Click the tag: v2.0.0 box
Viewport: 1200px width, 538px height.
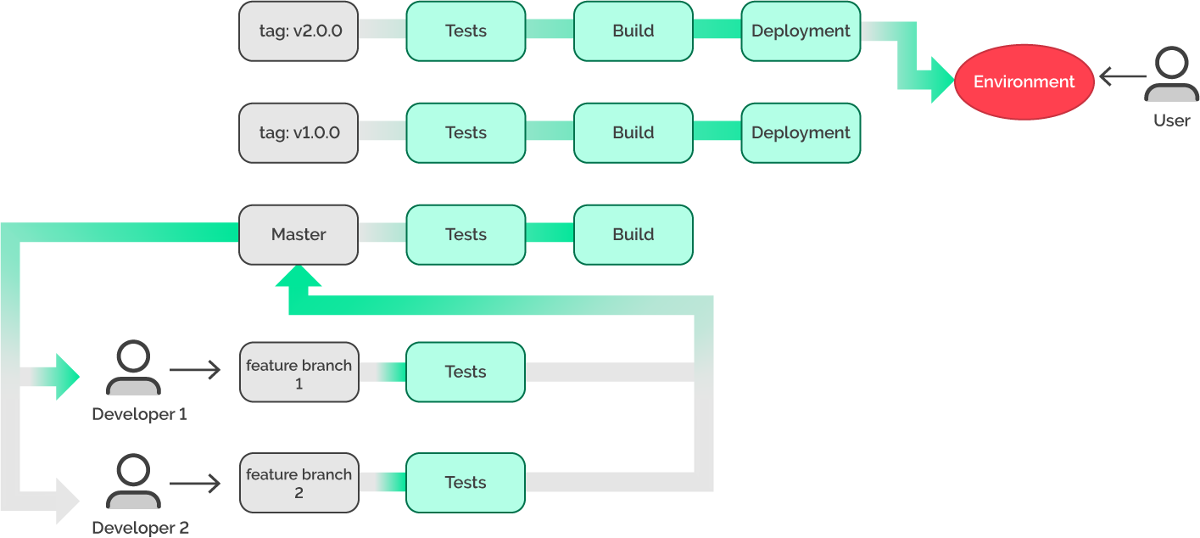(x=299, y=31)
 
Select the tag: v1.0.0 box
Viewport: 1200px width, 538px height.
(x=299, y=133)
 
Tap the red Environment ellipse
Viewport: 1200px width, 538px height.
(x=1024, y=82)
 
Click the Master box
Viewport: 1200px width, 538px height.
(x=299, y=234)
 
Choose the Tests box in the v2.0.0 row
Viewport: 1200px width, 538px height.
(x=466, y=31)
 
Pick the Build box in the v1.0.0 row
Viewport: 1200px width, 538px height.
(x=633, y=133)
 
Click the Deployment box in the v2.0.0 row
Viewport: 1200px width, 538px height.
(x=801, y=31)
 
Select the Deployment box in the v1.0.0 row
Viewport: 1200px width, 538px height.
(x=801, y=133)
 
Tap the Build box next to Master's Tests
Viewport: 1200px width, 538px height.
(x=633, y=234)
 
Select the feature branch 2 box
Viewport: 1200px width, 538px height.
(x=299, y=483)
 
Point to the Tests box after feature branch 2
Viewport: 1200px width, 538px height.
(x=466, y=483)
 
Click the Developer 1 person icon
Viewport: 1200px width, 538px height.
(x=133, y=368)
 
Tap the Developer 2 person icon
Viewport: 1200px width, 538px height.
(x=133, y=482)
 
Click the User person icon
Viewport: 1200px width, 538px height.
(x=1171, y=76)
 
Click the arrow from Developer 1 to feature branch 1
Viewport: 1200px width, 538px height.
(x=194, y=370)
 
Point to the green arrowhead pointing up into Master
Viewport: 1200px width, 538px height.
(x=299, y=277)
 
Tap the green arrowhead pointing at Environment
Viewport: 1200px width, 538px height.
(x=942, y=81)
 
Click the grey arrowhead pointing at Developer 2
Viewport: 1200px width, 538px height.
(x=67, y=501)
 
